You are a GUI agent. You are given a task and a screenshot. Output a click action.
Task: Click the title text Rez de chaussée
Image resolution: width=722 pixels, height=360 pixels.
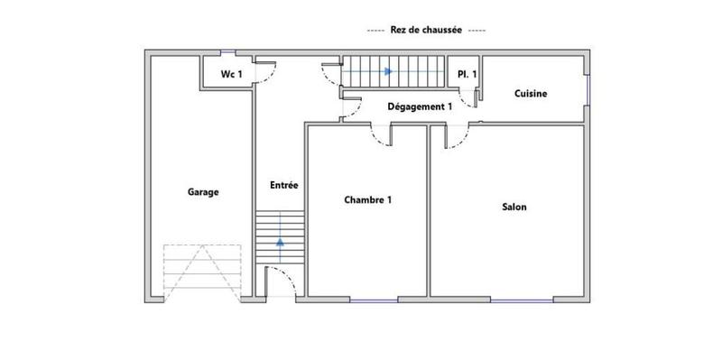427,30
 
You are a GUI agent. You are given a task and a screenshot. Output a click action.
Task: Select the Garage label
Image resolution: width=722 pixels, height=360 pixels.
203,191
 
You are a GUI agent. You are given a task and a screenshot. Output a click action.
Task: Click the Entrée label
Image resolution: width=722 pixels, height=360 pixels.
283,185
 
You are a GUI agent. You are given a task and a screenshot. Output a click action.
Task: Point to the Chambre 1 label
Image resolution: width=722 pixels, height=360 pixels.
368,200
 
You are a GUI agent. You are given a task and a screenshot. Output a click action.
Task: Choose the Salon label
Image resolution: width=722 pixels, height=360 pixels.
514,207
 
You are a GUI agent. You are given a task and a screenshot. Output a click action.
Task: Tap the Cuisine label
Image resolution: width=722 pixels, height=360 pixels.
532,94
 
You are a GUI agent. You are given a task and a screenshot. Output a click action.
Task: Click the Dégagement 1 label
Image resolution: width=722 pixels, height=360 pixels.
420,106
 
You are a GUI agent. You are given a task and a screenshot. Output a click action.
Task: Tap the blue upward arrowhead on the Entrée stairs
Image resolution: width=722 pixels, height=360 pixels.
281,242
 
